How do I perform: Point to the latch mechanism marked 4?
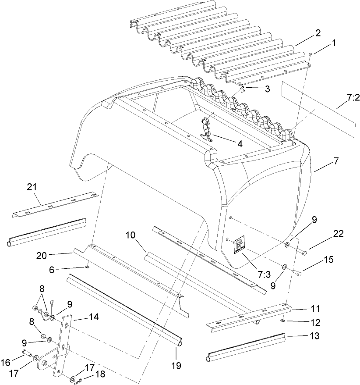point(205,131)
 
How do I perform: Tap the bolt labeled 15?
point(297,273)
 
